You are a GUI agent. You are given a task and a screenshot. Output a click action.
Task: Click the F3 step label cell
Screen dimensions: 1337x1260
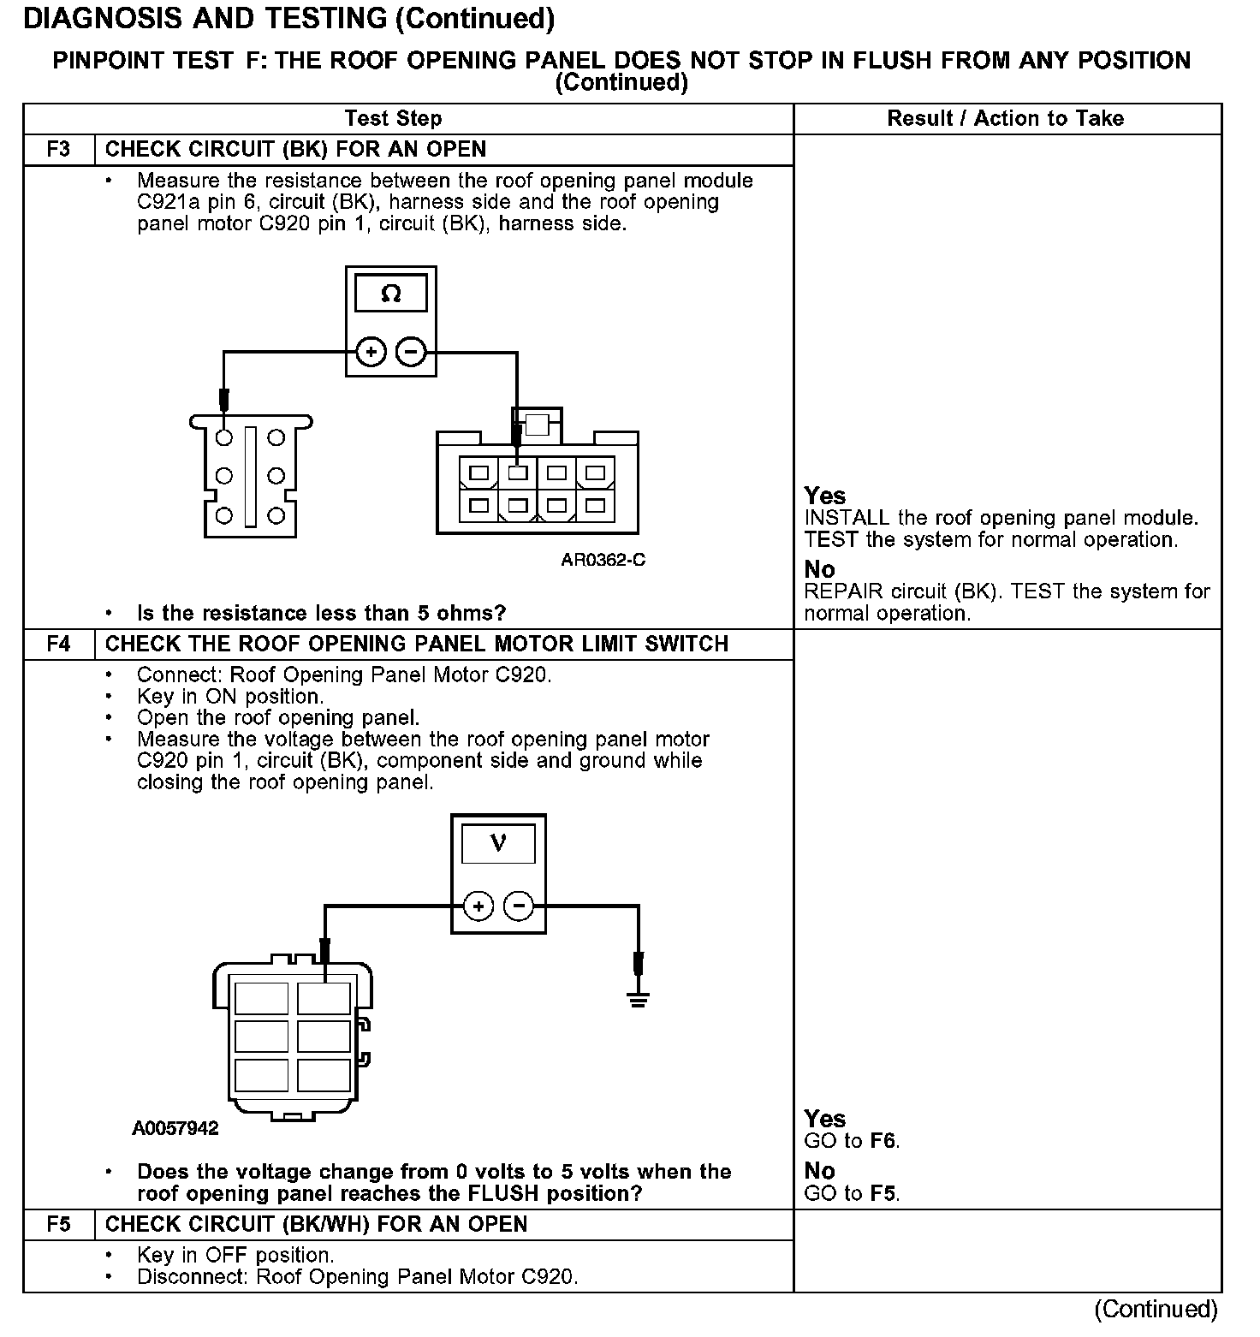click(x=58, y=150)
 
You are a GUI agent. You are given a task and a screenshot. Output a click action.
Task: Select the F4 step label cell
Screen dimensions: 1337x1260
click(x=58, y=644)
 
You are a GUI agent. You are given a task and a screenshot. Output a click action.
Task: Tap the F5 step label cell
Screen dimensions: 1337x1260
click(x=58, y=1224)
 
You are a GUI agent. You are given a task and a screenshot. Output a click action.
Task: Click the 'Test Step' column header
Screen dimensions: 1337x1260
click(x=393, y=119)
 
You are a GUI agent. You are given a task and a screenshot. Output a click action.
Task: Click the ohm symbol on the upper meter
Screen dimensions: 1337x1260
click(x=390, y=294)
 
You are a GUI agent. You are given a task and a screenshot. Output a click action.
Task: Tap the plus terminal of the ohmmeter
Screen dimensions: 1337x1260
click(x=371, y=352)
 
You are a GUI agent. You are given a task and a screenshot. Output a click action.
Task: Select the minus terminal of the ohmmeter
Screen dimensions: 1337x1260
click(x=412, y=352)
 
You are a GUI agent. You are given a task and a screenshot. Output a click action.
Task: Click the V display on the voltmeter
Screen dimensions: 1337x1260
click(x=498, y=844)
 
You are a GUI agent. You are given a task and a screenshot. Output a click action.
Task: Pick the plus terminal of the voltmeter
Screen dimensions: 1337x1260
click(x=478, y=906)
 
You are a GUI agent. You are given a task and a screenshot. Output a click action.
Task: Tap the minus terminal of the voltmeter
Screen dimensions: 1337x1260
click(x=519, y=906)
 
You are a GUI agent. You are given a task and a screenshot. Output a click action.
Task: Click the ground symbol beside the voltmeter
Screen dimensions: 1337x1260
click(x=637, y=997)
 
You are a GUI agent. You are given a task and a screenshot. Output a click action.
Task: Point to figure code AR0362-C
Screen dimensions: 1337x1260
click(x=603, y=560)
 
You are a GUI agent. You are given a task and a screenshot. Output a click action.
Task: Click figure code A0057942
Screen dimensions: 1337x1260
click(x=175, y=1128)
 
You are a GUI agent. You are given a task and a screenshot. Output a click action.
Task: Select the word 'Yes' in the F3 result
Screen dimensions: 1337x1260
click(x=824, y=496)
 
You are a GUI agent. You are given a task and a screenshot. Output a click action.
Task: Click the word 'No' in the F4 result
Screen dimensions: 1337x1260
click(x=819, y=1171)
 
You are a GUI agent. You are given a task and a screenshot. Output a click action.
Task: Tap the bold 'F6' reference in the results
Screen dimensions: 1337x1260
click(x=883, y=1141)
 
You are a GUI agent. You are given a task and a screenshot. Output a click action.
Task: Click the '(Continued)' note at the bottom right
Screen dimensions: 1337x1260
click(x=1155, y=1309)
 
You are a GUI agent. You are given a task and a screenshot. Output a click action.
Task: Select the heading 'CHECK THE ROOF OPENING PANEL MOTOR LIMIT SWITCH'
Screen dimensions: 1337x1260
click(x=416, y=644)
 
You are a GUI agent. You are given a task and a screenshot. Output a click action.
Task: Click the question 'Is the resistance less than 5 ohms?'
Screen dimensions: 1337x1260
click(x=321, y=613)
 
